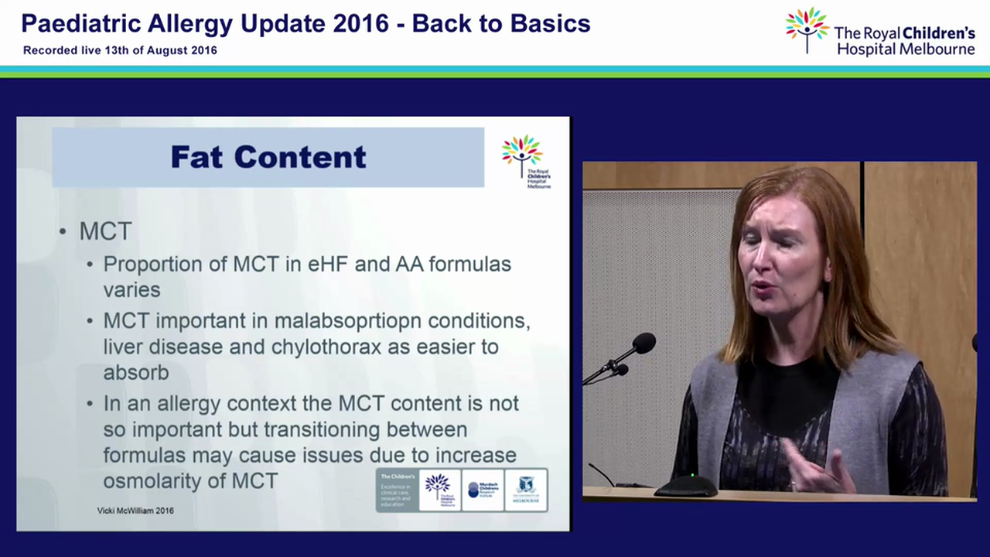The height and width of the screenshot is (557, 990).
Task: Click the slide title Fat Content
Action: [268, 157]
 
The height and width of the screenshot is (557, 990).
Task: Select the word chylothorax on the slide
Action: [326, 347]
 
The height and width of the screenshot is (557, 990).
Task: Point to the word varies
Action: [131, 290]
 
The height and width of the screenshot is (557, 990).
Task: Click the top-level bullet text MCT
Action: [105, 231]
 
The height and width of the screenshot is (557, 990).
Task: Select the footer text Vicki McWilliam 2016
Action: [135, 511]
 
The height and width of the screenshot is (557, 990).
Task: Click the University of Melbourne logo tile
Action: [526, 490]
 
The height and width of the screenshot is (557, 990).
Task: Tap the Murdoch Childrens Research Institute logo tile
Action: [483, 490]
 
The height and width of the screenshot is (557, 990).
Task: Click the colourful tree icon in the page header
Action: [807, 29]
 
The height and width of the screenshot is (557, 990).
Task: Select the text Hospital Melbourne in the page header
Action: [906, 50]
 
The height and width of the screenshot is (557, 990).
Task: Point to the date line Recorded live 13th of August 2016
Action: [120, 50]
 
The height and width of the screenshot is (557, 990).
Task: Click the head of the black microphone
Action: [643, 342]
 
